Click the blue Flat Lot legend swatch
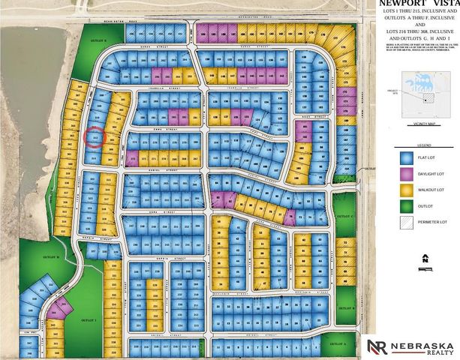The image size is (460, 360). tap(405, 158)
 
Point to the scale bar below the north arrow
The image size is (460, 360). tap(425, 268)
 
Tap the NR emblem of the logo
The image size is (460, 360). tap(377, 347)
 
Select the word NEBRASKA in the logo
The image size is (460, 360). tap(424, 343)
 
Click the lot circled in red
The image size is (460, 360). tap(94, 137)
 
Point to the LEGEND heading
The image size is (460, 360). tap(424, 145)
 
